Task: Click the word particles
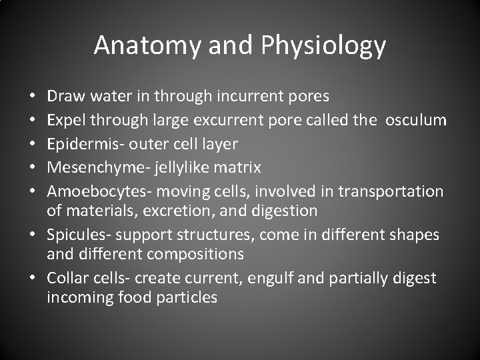(x=187, y=297)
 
